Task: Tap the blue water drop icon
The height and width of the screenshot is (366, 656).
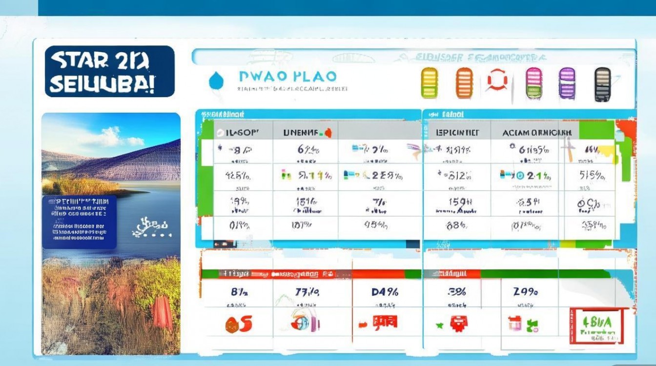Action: [x=215, y=81]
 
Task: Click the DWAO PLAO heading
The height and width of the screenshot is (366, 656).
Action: [x=287, y=77]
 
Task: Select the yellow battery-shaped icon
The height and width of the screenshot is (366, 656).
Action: [x=430, y=83]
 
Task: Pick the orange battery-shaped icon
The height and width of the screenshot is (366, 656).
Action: [x=464, y=83]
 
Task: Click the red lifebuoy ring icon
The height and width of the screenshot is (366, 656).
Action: [x=497, y=81]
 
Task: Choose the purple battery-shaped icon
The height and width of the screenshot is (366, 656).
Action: [x=567, y=83]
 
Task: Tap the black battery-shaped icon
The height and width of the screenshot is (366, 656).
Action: [x=603, y=84]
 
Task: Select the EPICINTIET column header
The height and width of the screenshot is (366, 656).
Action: [x=457, y=132]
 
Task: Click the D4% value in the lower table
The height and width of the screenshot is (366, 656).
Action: [x=385, y=292]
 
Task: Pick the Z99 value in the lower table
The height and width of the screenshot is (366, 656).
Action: [x=525, y=292]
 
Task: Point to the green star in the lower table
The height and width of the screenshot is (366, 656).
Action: [x=439, y=325]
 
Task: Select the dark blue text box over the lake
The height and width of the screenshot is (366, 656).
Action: [x=79, y=222]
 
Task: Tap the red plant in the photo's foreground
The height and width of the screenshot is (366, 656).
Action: [x=162, y=312]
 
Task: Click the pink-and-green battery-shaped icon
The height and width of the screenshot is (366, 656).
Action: [x=533, y=83]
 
